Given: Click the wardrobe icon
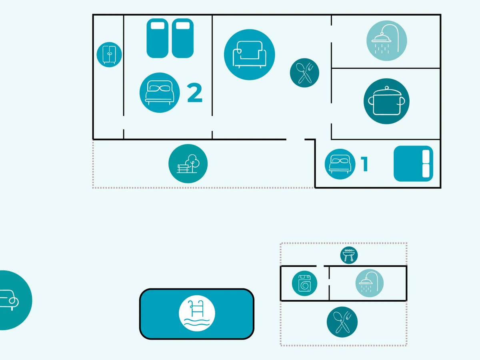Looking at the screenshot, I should pyautogui.click(x=109, y=54).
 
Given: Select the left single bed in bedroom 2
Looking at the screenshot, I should pyautogui.click(x=157, y=38).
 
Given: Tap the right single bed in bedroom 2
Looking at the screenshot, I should pyautogui.click(x=183, y=38).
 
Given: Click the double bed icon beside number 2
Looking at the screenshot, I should pyautogui.click(x=160, y=92).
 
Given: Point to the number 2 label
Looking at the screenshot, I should pyautogui.click(x=195, y=93).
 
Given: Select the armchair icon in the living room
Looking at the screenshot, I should pyautogui.click(x=249, y=54).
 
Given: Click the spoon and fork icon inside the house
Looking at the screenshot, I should pyautogui.click(x=304, y=72).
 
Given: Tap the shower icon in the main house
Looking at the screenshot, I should pyautogui.click(x=386, y=40).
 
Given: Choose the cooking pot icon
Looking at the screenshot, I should pyautogui.click(x=386, y=101).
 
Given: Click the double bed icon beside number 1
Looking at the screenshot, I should pyautogui.click(x=340, y=164).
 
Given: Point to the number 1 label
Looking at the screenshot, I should pyautogui.click(x=364, y=164).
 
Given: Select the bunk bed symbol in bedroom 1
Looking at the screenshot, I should pyautogui.click(x=414, y=164).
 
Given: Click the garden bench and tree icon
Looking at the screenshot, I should pyautogui.click(x=188, y=164).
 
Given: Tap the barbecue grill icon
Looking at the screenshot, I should pyautogui.click(x=349, y=255).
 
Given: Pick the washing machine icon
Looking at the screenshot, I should pyautogui.click(x=304, y=283).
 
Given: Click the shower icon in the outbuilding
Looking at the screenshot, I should pyautogui.click(x=369, y=283).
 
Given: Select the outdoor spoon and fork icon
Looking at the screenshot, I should pyautogui.click(x=342, y=322).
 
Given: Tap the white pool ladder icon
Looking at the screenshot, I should pyautogui.click(x=197, y=314).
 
